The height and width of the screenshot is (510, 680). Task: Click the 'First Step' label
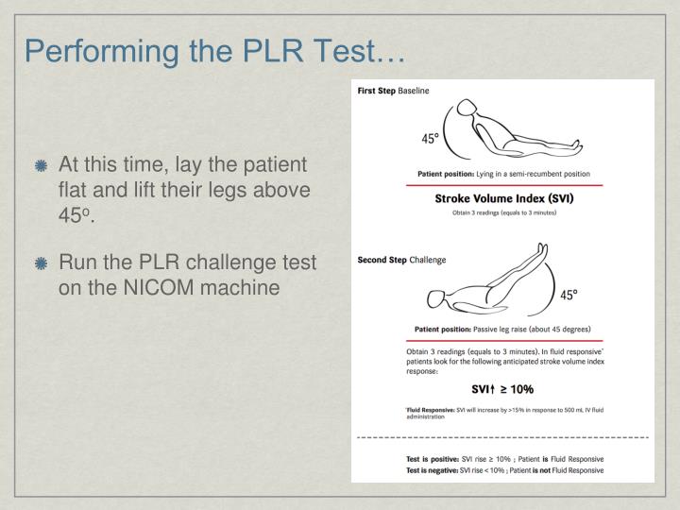coord(375,92)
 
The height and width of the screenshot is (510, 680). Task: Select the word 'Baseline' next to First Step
coord(413,92)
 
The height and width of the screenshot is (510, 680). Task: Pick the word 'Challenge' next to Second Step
coord(426,259)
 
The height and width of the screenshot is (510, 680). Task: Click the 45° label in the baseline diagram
coord(432,138)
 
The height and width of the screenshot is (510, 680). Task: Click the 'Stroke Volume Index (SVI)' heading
coord(503,198)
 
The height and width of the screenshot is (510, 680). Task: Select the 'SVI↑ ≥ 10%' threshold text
coord(502,389)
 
